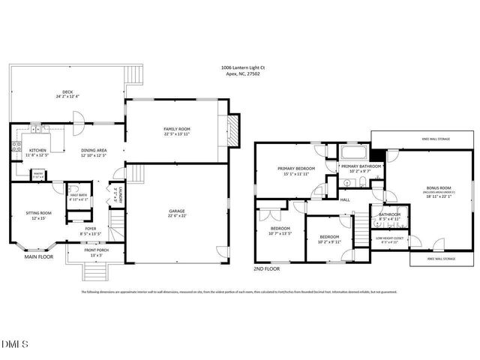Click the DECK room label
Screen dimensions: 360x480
point(67,93)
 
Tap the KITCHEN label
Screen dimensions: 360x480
point(37,150)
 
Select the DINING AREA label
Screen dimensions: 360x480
point(94,150)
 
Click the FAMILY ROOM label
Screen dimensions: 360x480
point(178,129)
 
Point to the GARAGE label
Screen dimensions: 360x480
point(177,211)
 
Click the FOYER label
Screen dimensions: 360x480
point(90,229)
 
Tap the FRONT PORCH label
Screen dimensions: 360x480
point(97,252)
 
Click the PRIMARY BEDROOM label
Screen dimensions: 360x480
point(294,168)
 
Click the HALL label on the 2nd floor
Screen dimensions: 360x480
point(346,199)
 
